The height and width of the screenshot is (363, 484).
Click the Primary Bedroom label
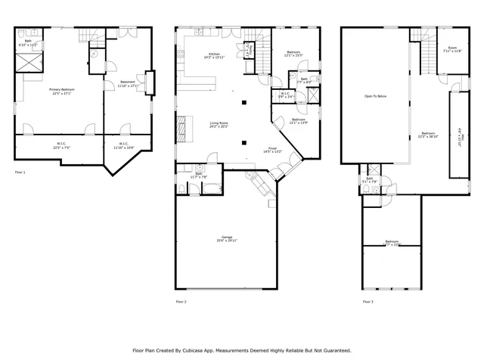[59, 90]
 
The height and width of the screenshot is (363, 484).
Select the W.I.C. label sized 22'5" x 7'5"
[62, 145]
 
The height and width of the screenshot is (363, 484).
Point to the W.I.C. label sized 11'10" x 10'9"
[123, 145]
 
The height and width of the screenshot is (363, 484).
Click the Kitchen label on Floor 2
[215, 54]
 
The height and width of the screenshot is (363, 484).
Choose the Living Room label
[219, 123]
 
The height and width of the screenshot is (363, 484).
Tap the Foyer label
[271, 149]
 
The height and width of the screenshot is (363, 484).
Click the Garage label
[226, 240]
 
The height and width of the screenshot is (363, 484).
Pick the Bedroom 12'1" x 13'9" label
[299, 121]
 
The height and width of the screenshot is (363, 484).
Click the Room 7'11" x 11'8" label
[452, 49]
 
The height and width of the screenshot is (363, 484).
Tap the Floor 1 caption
[20, 173]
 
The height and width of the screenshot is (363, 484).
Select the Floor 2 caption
[181, 302]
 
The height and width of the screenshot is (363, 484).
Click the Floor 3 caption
[368, 302]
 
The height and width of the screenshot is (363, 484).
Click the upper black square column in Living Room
[244, 102]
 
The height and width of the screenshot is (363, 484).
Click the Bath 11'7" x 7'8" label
[199, 175]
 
